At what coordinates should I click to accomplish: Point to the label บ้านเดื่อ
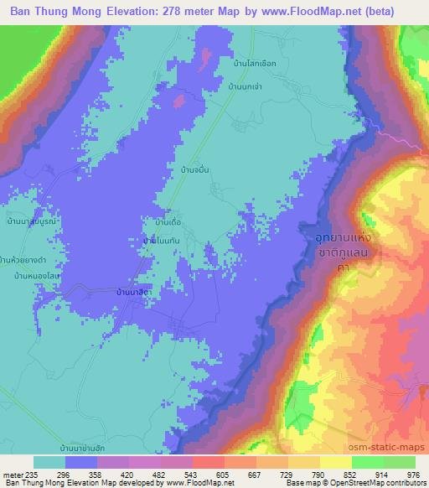pos(158,222)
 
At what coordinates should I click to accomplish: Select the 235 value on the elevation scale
pos(33,473)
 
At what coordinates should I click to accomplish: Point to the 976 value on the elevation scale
pos(413,473)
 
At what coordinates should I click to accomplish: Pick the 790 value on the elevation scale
pos(318,473)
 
